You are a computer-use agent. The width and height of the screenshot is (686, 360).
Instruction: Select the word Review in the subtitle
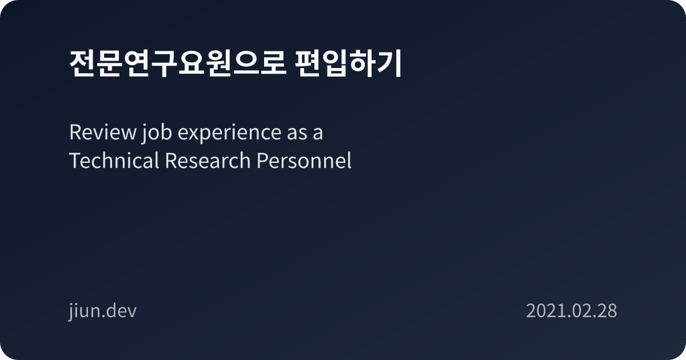pos(101,133)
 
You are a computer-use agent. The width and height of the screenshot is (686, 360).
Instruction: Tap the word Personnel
pos(303,161)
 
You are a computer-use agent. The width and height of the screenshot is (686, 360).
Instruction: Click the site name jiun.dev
pos(102,311)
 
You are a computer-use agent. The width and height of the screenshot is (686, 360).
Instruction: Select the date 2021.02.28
pos(571,311)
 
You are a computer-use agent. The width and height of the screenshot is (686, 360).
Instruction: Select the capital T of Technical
pos(74,161)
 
